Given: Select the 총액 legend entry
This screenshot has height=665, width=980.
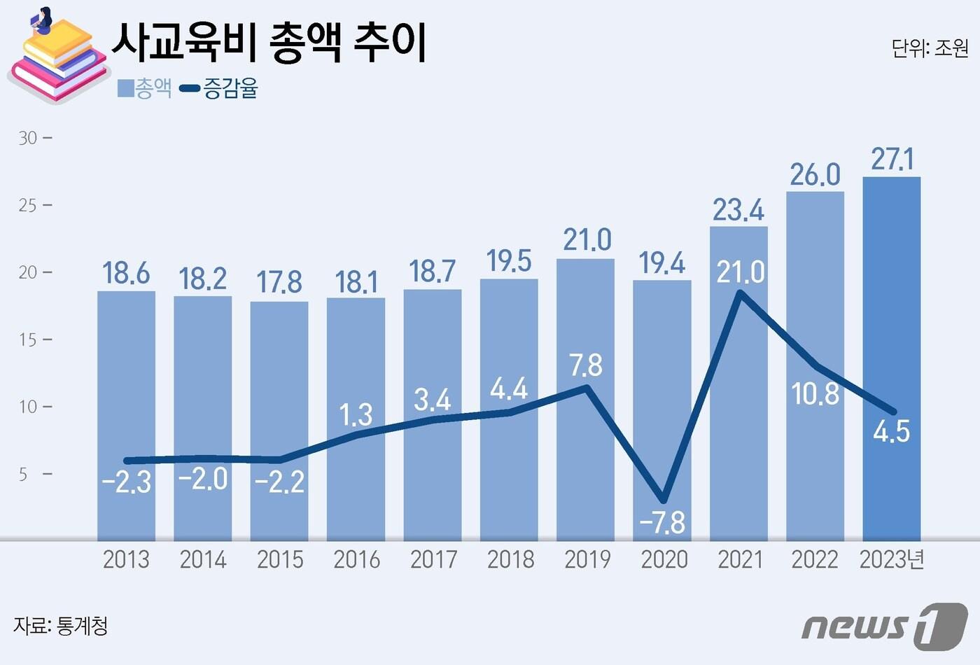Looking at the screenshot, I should [145, 88].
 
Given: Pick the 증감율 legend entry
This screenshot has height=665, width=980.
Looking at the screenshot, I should [219, 88].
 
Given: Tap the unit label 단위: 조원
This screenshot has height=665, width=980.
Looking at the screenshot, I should [930, 48].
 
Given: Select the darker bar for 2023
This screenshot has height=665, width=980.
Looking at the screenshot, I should [891, 357].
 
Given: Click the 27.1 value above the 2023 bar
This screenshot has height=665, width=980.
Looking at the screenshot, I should [892, 160].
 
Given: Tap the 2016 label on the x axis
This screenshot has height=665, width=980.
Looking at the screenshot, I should [356, 560].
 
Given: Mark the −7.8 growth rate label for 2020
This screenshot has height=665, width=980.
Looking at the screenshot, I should [662, 522].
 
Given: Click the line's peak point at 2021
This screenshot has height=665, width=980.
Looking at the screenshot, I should [740, 293].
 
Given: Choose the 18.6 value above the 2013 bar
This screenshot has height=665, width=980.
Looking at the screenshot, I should [126, 273].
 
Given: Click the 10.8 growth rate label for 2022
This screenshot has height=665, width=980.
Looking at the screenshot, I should [815, 394].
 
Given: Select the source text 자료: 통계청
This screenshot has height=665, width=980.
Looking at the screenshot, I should [61, 625].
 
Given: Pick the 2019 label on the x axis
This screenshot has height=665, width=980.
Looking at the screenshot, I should [587, 560].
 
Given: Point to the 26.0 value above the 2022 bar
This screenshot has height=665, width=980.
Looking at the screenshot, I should [815, 175].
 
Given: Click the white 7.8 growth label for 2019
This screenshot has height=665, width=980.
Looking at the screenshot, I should [586, 365].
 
